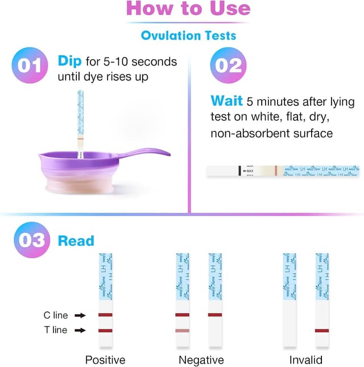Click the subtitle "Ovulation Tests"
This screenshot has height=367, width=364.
[x=188, y=35]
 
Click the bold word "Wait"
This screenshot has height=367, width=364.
[x=227, y=101]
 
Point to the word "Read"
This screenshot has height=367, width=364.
[x=76, y=241]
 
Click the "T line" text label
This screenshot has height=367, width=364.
[x=55, y=330]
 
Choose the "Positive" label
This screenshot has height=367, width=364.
[x=105, y=360]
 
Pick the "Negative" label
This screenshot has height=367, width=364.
[x=201, y=360]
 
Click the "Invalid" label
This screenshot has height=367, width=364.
[x=305, y=360]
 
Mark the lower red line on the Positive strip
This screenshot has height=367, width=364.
[x=105, y=330]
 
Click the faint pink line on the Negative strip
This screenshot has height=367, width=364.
[x=182, y=331]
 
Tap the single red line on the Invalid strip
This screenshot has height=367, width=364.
[x=322, y=330]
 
